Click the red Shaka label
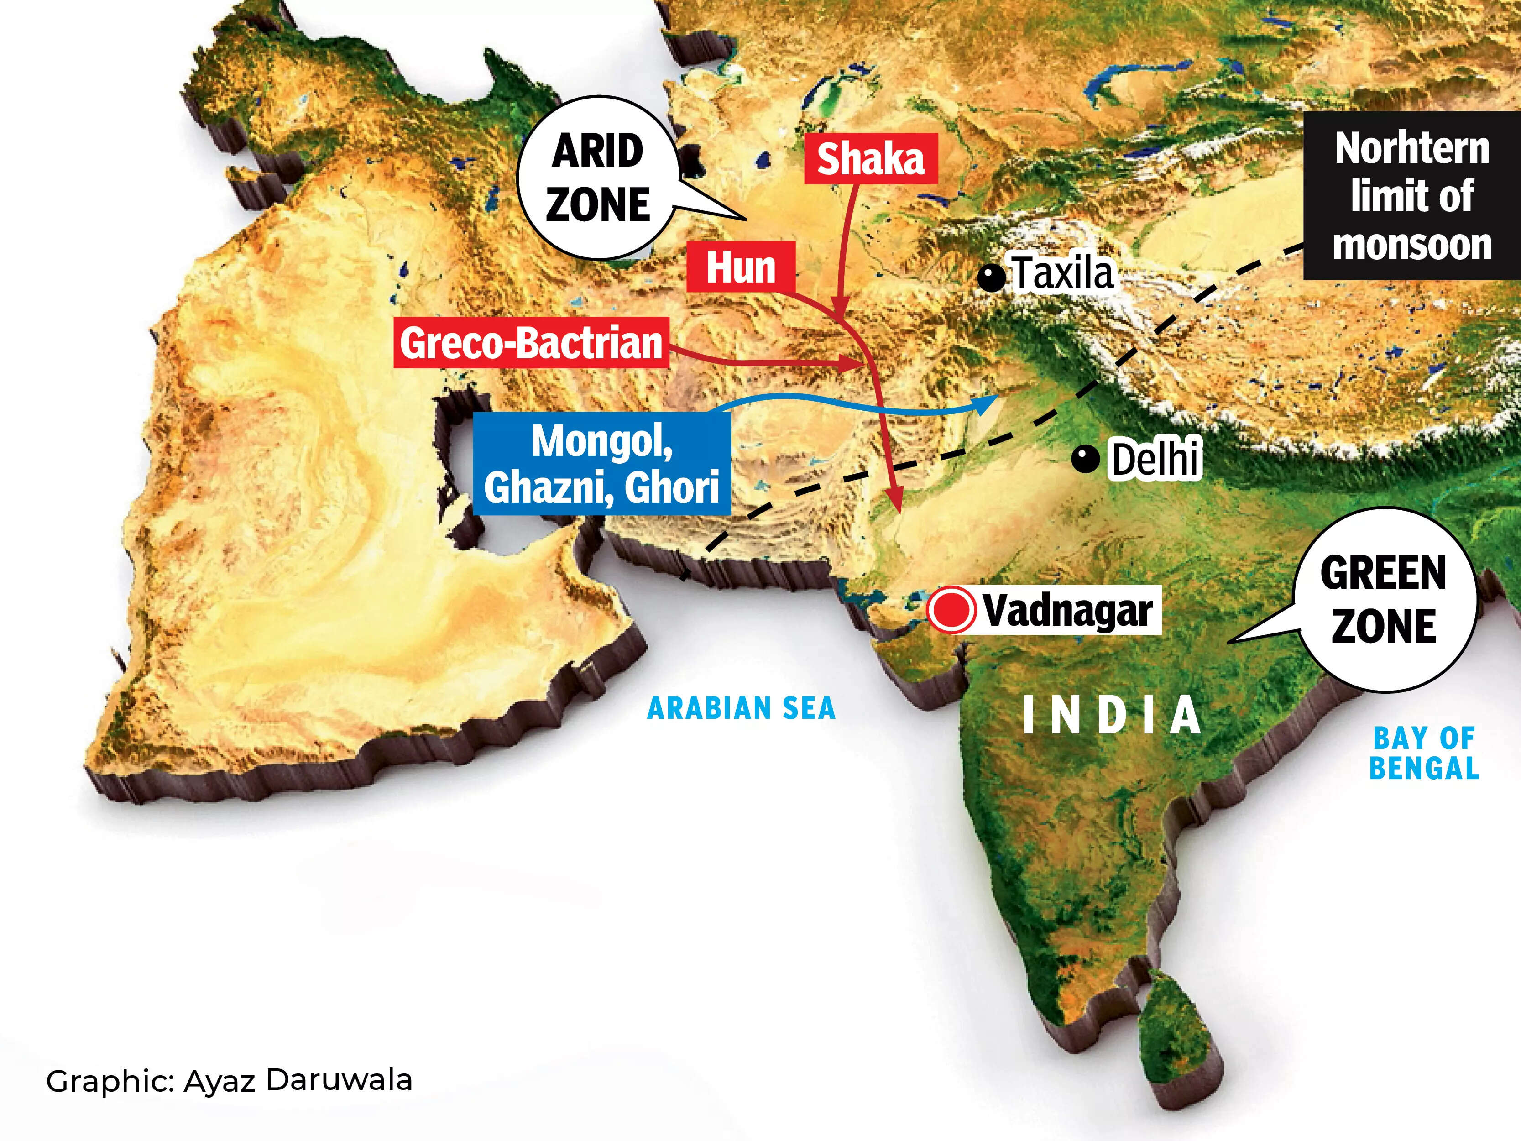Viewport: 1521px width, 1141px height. click(871, 159)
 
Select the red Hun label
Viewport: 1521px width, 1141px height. click(741, 267)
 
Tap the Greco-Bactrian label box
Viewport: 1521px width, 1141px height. click(531, 342)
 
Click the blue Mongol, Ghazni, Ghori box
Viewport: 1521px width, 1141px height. click(601, 464)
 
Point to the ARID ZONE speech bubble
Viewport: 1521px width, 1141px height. click(597, 178)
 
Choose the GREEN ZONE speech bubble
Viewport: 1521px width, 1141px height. click(1384, 600)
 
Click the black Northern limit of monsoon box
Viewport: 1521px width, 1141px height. click(1411, 196)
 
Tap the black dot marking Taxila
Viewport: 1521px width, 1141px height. click(992, 278)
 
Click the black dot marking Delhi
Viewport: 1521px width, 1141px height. click(1086, 459)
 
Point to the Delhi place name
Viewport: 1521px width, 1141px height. click(1155, 458)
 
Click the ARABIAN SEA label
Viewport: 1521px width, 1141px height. click(741, 708)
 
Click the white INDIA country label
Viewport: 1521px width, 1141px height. click(1112, 715)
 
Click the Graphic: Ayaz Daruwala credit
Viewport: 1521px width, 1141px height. click(229, 1080)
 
